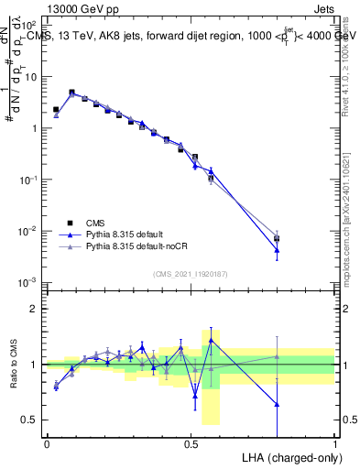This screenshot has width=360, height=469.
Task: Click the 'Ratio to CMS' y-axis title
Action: click(15, 364)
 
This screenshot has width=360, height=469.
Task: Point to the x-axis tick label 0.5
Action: click(191, 444)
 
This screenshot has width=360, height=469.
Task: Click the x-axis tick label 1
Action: click(335, 444)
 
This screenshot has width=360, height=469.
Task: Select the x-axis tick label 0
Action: click(47, 444)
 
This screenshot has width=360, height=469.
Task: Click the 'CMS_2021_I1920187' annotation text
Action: click(191, 273)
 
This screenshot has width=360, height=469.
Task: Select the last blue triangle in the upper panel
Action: click(277, 250)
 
